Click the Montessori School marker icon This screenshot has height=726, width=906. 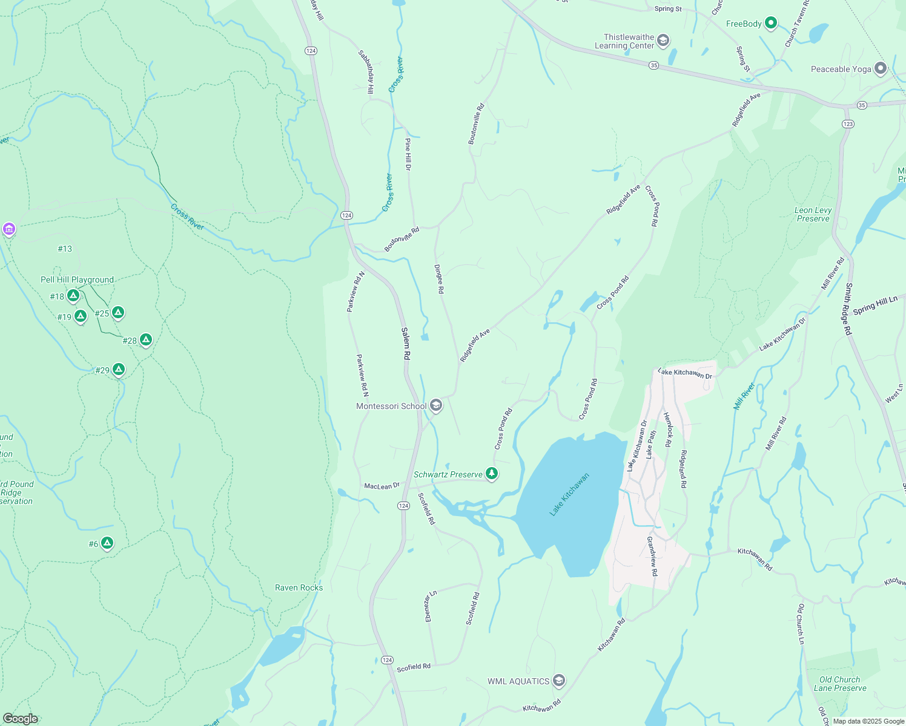[436, 405]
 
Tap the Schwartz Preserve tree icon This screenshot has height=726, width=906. [492, 474]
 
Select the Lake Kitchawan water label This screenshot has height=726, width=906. [569, 495]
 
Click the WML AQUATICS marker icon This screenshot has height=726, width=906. [559, 681]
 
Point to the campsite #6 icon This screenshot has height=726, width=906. [107, 543]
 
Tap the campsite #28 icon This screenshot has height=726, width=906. [145, 339]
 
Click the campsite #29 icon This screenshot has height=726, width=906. [119, 369]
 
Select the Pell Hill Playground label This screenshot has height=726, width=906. [77, 280]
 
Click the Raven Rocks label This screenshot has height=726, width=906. [299, 587]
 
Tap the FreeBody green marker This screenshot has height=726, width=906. [770, 24]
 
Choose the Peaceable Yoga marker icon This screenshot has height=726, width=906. [881, 68]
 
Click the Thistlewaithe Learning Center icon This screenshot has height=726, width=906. [663, 41]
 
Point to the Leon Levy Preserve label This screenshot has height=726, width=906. [813, 214]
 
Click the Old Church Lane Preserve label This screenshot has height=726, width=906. [839, 684]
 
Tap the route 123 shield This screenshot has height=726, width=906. [848, 123]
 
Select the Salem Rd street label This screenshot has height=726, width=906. [406, 344]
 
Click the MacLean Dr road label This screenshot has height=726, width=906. [382, 486]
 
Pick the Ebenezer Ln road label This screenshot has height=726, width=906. [429, 606]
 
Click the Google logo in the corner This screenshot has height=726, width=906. [20, 718]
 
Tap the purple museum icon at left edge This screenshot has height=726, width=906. [8, 229]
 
